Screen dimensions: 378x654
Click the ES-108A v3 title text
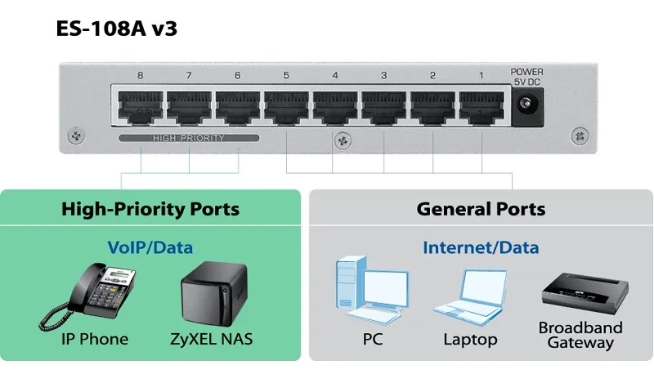117,29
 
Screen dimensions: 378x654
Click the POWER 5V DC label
526,77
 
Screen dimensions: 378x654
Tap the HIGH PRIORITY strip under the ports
188,139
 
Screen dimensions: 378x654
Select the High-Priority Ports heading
150,209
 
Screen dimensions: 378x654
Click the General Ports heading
481,209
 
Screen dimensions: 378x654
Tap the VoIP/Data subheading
150,246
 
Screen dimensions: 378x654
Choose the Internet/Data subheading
481,246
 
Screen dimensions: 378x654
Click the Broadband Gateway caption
580,335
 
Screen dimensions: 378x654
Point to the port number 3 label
383,77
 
